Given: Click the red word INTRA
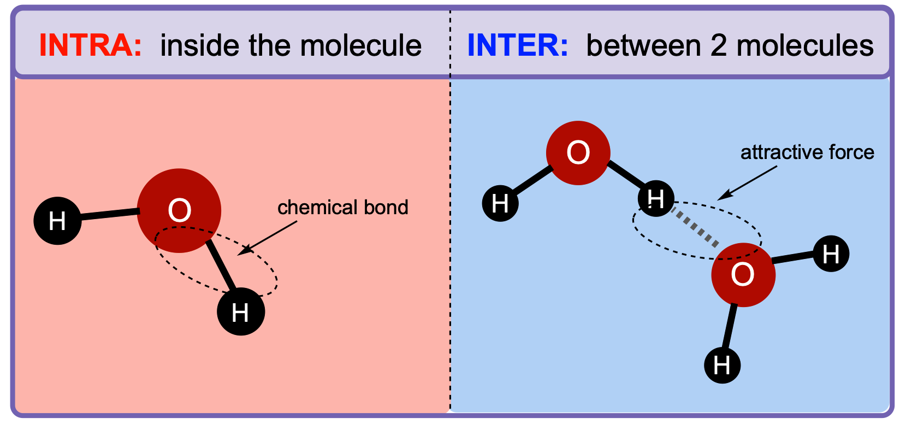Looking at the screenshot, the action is coord(91,45).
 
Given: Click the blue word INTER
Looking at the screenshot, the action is coord(518,45).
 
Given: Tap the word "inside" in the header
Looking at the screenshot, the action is coord(200,45).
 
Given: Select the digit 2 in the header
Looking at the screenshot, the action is coord(719,45).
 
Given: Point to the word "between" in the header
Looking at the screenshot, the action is coord(644,45).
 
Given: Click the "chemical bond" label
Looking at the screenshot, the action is coord(343,208).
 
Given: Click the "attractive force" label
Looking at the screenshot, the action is coord(807,153).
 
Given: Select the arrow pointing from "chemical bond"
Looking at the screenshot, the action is coord(268,238).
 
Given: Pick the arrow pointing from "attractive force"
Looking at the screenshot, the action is coord(747,183).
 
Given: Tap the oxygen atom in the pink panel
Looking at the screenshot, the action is coord(179,210).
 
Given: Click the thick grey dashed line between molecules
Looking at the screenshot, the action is coord(696,228).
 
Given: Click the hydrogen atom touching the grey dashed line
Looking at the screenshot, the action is coord(656,198).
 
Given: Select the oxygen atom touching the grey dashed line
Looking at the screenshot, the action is coord(743,275).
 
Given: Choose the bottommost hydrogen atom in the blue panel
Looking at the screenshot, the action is coord(722,366).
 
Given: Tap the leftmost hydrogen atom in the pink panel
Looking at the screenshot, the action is coord(57,221).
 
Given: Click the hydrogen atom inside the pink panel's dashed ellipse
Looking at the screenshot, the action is coord(241,311).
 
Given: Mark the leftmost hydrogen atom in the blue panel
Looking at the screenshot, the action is coord(500,203).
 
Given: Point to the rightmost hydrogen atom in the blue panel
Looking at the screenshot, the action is coord(831,254).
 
